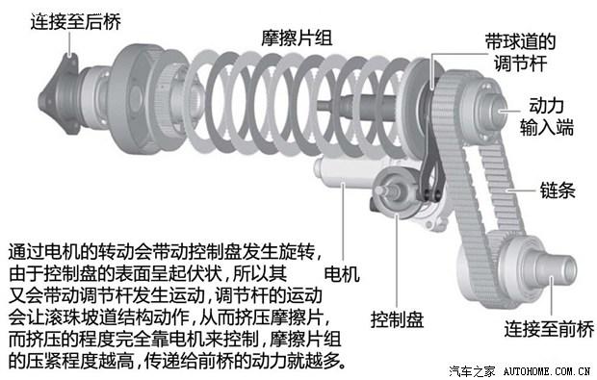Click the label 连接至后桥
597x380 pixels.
click(76, 21)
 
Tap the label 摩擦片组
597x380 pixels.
click(297, 38)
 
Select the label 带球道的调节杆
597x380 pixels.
click(521, 52)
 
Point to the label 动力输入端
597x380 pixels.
click(547, 116)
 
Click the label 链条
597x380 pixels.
click(558, 190)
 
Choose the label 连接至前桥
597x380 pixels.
click(550, 329)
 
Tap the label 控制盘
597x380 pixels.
click(397, 319)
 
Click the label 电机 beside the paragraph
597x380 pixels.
click(342, 274)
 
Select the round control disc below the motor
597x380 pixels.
click(397, 193)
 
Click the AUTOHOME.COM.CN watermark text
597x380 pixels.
click(547, 371)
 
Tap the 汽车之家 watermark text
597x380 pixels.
click(473, 371)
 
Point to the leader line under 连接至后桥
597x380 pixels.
click(70, 43)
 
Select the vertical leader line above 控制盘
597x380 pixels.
click(397, 262)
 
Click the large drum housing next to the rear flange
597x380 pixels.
click(131, 98)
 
